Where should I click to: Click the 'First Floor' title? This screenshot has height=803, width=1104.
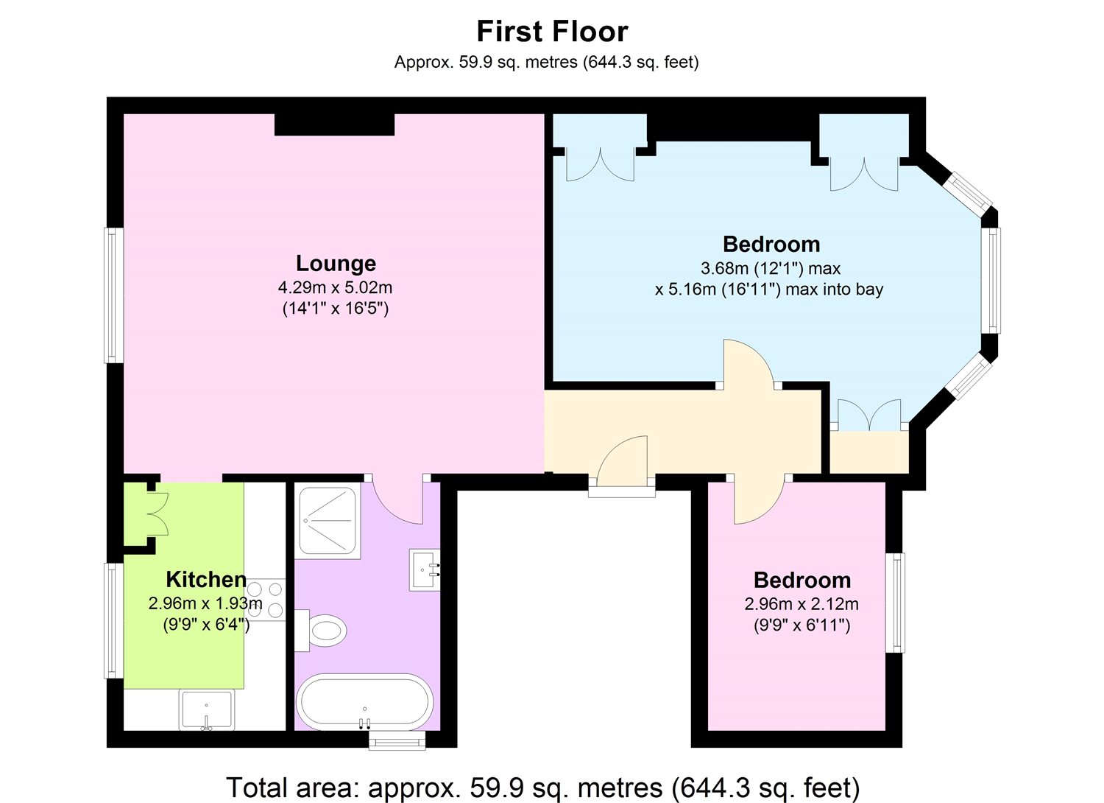click(552, 32)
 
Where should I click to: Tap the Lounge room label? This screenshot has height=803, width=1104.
click(336, 263)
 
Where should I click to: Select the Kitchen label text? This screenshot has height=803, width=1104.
click(206, 579)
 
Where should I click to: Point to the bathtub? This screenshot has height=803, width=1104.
click(364, 702)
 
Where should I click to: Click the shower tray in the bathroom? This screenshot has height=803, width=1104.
click(328, 521)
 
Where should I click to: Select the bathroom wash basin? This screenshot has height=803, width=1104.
click(425, 569)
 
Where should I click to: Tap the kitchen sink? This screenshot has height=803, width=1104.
click(207, 709)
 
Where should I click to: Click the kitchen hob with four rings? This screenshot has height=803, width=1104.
click(265, 600)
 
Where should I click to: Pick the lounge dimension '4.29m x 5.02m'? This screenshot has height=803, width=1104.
click(336, 287)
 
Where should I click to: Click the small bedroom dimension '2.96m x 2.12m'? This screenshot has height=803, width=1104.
click(802, 604)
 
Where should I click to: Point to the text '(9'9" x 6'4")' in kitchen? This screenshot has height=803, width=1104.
click(206, 625)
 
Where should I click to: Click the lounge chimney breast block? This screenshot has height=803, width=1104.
click(334, 124)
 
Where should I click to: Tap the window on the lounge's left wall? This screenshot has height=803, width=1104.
click(113, 295)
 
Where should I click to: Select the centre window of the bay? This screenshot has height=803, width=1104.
click(994, 280)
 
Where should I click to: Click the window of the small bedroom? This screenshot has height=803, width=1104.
click(895, 602)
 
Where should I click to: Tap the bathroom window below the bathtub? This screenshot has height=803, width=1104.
click(397, 740)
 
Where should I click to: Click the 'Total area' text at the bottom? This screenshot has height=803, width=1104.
click(542, 788)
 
